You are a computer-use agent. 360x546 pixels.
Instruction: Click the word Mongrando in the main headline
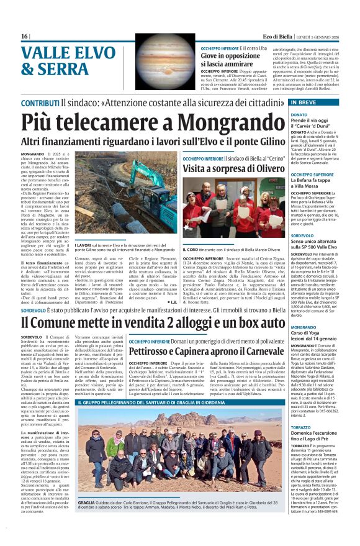[233, 125]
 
